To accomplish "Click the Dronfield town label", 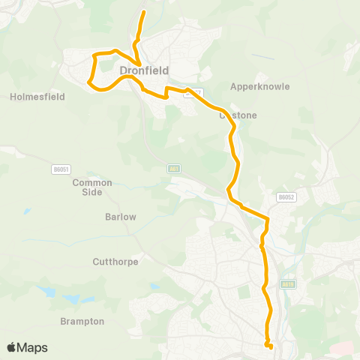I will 143,70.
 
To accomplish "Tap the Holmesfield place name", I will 37,97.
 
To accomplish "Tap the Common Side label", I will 92,187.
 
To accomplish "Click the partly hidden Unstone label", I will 239,115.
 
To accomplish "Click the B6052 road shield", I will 283,197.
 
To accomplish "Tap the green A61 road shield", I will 173,169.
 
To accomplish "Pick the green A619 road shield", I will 287,284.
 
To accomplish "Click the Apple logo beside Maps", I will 12,347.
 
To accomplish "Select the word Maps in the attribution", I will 34,347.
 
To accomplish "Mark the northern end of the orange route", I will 143,11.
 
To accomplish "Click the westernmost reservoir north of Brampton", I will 46,290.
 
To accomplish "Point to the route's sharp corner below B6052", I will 267,218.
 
